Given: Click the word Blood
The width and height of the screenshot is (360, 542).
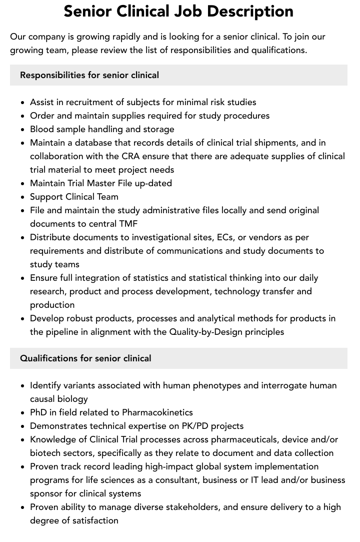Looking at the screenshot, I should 42,129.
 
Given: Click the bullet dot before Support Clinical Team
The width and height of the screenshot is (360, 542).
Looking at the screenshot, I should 23,197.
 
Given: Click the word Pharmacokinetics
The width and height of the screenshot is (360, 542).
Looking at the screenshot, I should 157,412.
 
